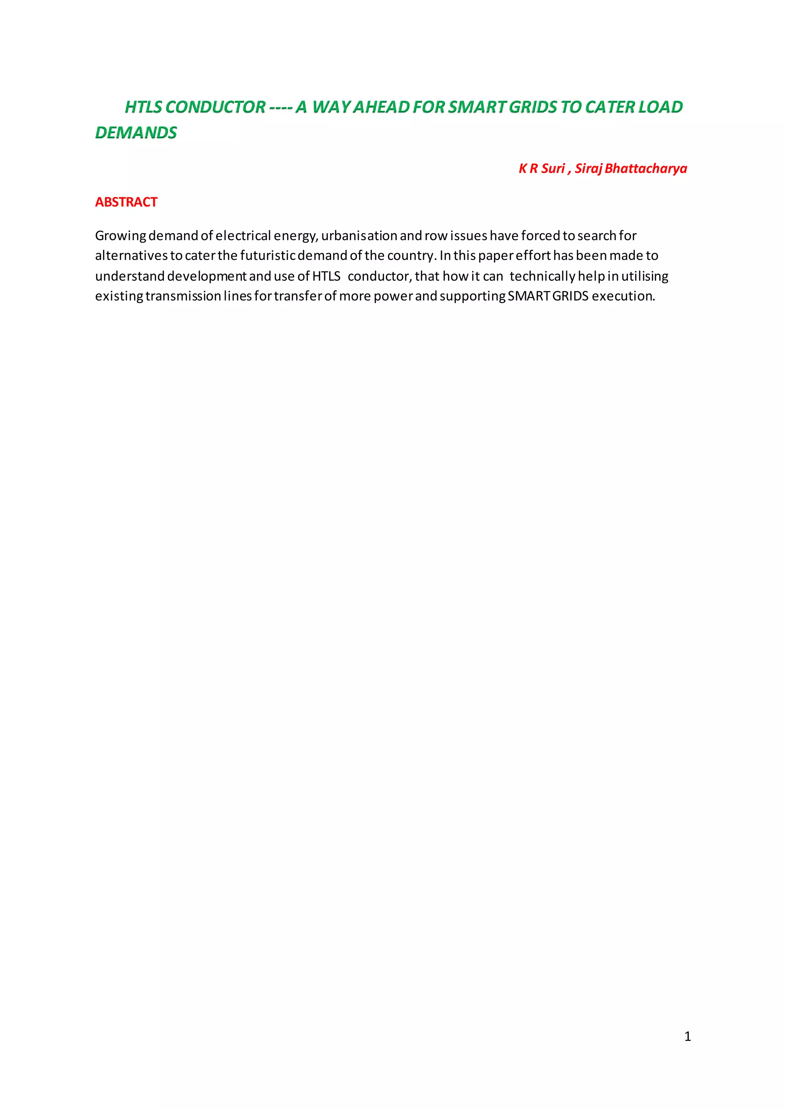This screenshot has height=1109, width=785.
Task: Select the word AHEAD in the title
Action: click(x=382, y=107)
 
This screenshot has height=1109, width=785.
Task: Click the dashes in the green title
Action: click(x=280, y=107)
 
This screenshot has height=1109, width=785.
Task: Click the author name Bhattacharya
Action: click(x=646, y=168)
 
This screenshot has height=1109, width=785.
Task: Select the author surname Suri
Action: click(x=553, y=168)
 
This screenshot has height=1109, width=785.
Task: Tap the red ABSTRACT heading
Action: click(x=126, y=202)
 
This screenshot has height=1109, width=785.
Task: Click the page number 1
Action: click(x=687, y=1037)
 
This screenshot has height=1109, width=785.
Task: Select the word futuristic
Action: click(x=268, y=255)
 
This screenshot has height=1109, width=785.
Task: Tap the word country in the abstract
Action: click(x=411, y=255)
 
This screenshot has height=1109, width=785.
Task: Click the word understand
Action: click(x=130, y=276)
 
